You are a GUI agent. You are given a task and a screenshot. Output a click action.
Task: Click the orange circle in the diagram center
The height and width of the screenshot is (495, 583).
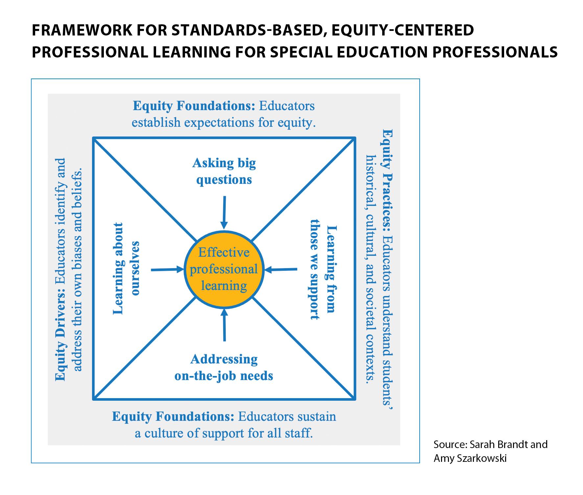click(x=224, y=269)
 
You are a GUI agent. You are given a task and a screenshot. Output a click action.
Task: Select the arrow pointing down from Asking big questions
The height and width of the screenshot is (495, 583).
click(x=224, y=212)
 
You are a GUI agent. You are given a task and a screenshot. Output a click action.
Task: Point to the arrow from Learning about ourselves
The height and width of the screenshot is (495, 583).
click(x=167, y=270)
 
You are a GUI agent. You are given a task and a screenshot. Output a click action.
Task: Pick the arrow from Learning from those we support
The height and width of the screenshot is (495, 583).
click(x=281, y=270)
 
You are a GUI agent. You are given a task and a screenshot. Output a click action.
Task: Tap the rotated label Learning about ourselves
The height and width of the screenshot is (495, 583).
click(x=126, y=268)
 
